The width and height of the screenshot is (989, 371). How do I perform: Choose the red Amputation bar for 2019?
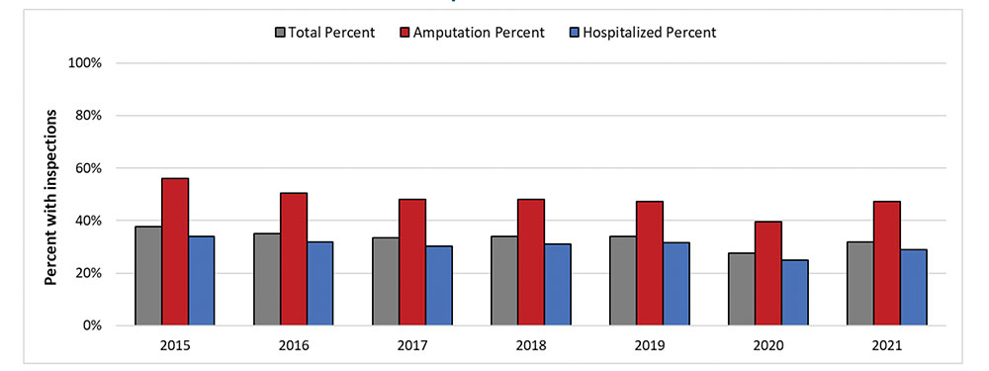pos(650,263)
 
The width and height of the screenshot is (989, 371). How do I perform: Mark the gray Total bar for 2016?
pos(267,279)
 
